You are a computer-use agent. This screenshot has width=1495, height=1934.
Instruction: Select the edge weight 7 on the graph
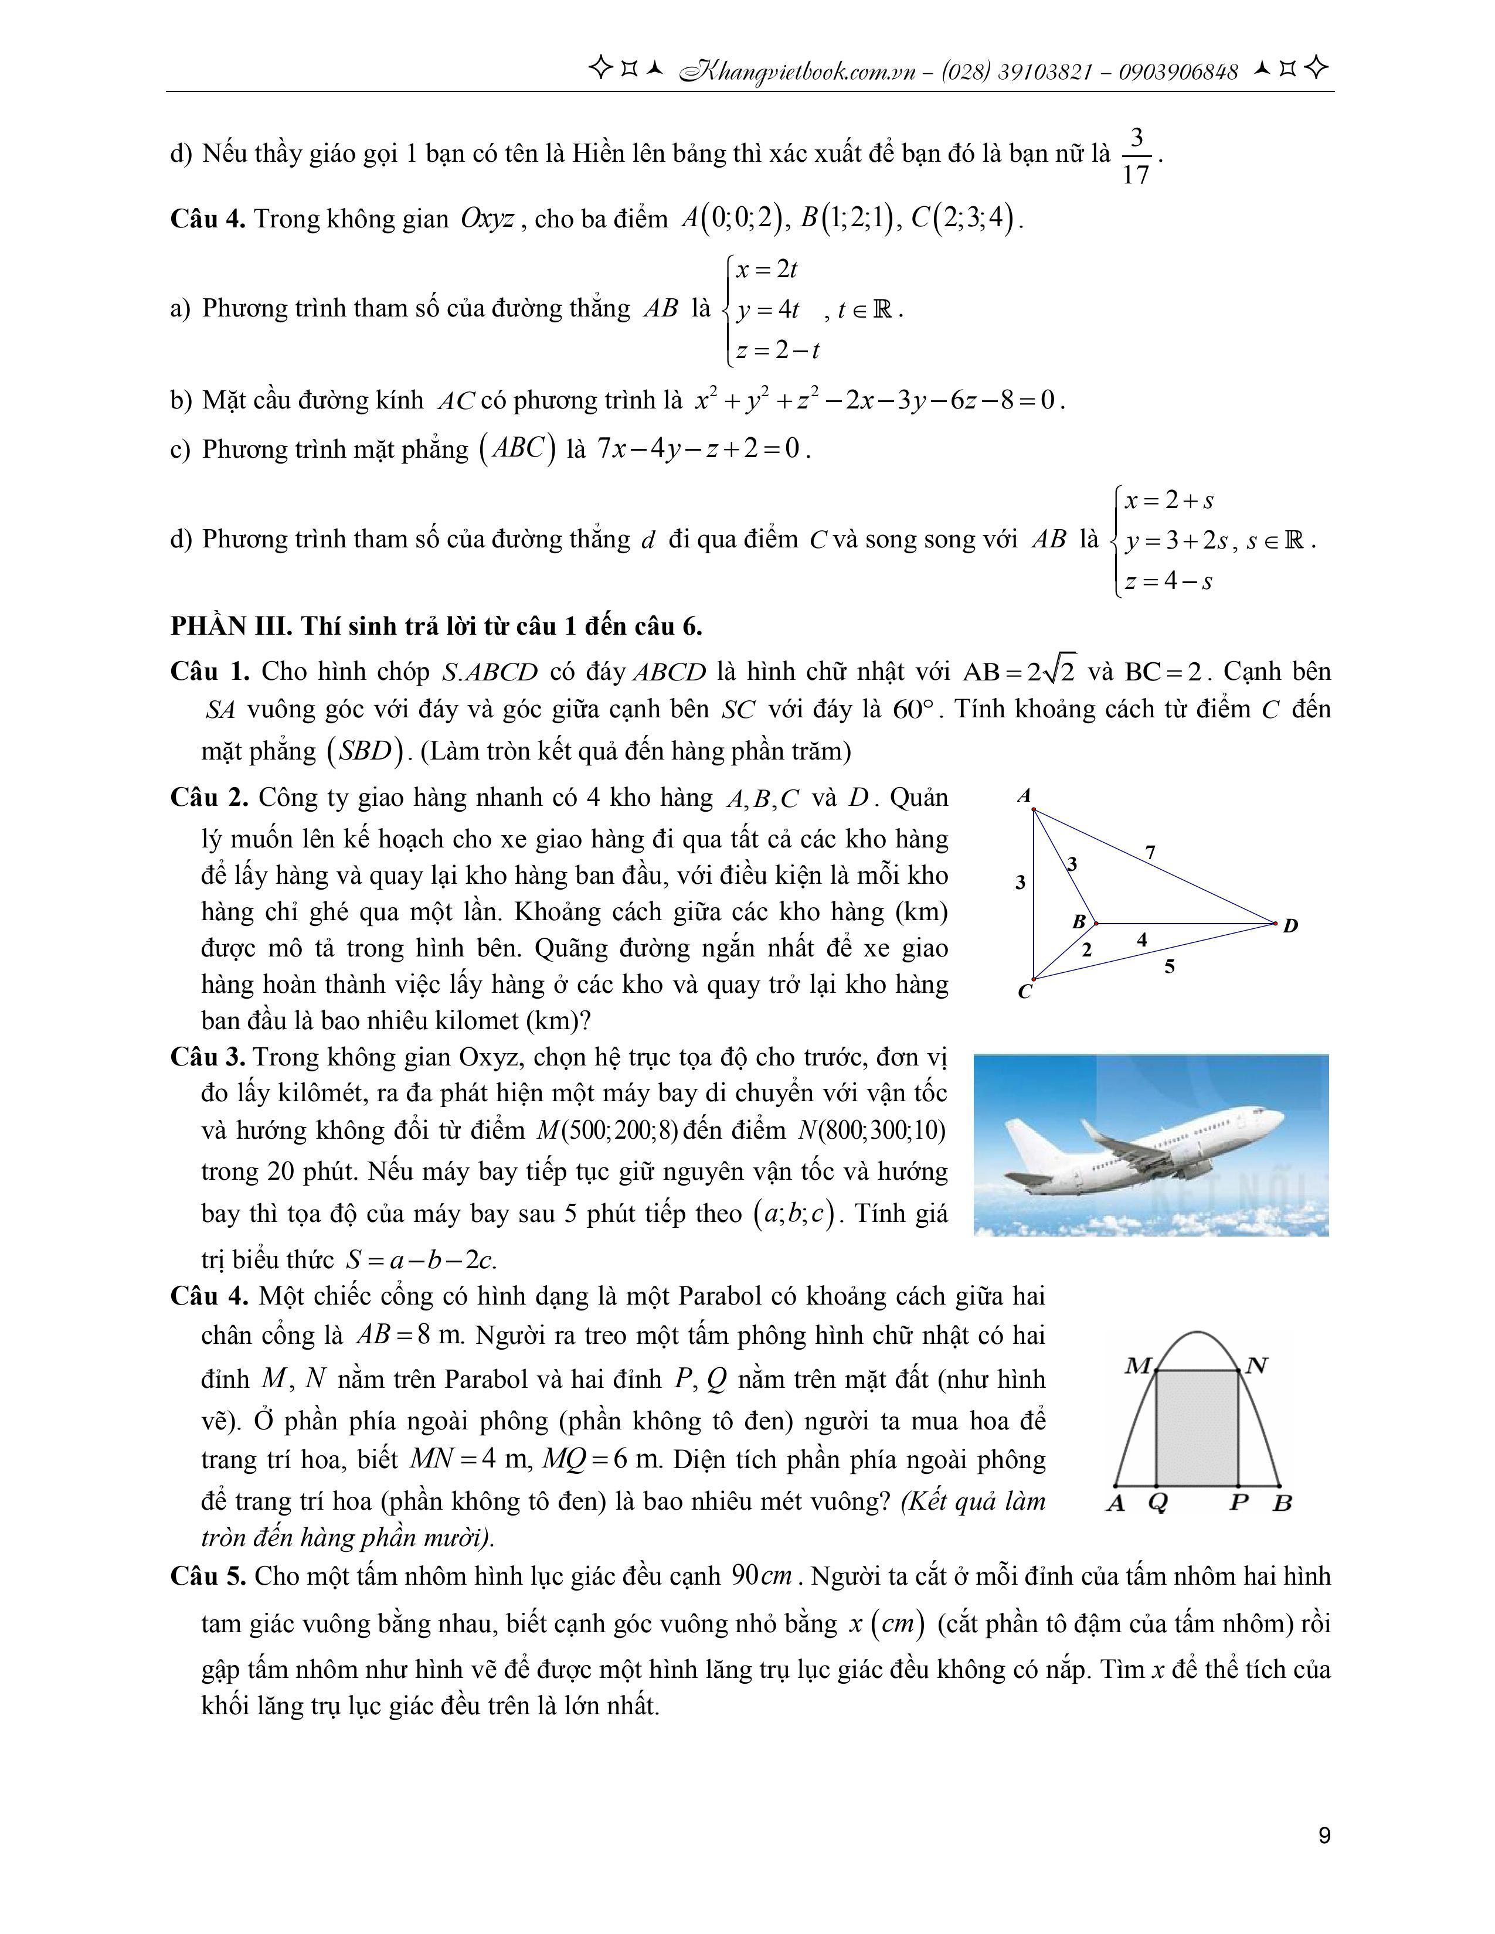tap(1150, 853)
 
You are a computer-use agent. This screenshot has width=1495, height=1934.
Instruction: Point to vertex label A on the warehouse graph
tap(1025, 796)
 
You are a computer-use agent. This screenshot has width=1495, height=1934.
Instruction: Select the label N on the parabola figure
tap(1256, 1366)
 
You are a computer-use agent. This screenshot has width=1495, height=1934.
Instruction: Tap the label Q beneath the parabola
tap(1157, 1504)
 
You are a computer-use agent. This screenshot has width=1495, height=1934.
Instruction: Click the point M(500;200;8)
tap(598, 1131)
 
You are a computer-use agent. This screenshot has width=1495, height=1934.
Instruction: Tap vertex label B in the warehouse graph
tap(1079, 921)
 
